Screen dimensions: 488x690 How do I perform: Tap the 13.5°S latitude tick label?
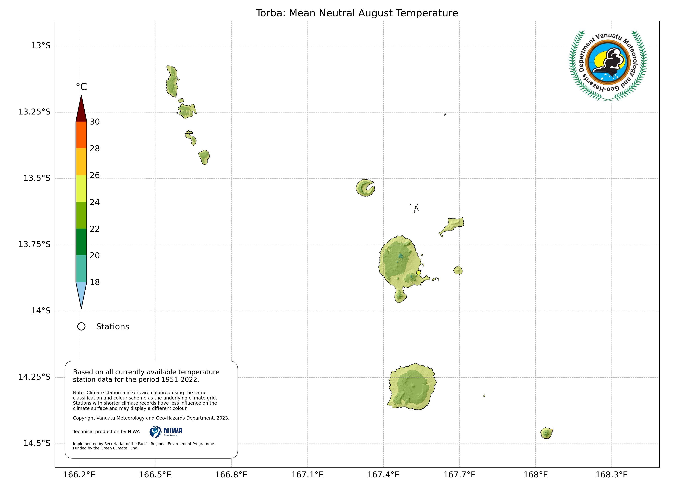pos(37,178)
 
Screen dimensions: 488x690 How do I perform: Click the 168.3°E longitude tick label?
pos(611,475)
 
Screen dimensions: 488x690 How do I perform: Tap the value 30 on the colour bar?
pos(95,122)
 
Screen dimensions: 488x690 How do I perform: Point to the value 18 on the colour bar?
pos(95,282)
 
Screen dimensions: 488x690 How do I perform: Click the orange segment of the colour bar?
pos(81,135)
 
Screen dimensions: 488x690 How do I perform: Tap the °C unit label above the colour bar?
pos(81,87)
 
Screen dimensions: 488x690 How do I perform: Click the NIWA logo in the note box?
pos(166,432)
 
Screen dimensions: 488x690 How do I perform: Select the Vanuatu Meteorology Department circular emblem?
pos(608,63)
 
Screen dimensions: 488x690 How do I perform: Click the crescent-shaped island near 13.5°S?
pos(365,188)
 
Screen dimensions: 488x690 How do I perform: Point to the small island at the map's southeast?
pos(546,433)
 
